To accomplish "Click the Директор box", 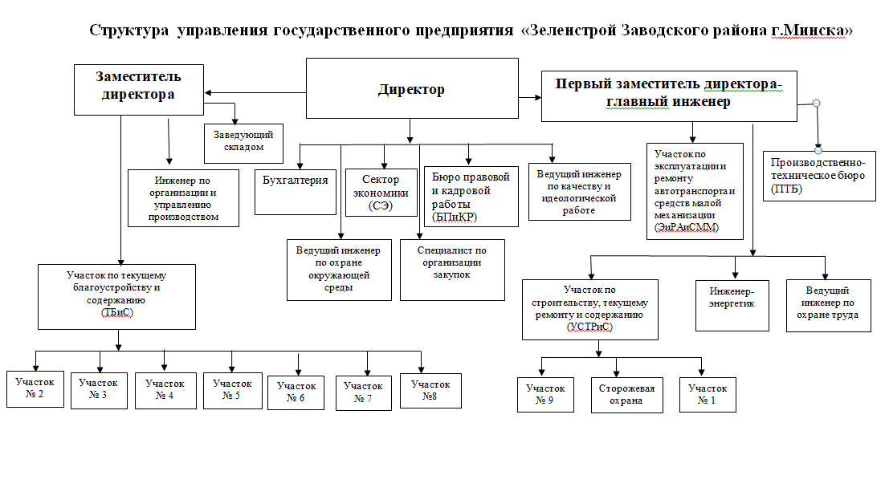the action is [412, 88].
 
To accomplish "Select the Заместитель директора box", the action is [139, 90].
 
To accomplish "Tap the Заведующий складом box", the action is [244, 143].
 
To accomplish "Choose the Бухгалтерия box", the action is [296, 193].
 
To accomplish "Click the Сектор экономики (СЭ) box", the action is [381, 193].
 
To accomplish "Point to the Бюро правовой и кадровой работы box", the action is [471, 196].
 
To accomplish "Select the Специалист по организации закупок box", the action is [452, 270].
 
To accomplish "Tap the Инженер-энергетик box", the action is [732, 306].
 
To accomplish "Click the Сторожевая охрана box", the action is [627, 395].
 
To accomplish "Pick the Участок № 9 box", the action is [545, 395].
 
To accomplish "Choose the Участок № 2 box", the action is [35, 389].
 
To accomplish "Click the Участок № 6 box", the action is [296, 392].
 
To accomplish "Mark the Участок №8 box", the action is [430, 391].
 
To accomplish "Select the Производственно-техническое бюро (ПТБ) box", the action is [819, 176].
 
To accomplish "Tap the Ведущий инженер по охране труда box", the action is [828, 306].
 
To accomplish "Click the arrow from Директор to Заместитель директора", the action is [255, 92].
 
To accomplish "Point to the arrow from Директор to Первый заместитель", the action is [530, 98].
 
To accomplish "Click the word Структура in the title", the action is [128, 30].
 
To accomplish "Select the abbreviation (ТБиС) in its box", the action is [116, 312].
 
